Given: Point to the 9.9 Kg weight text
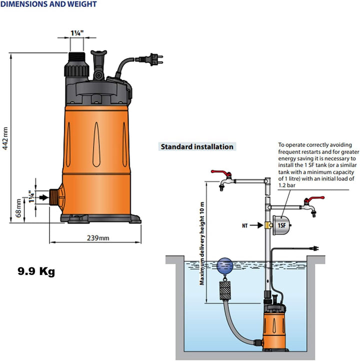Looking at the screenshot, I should (36, 271).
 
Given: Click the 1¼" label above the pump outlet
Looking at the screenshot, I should (76, 33).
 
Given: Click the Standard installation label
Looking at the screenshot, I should (196, 147).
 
